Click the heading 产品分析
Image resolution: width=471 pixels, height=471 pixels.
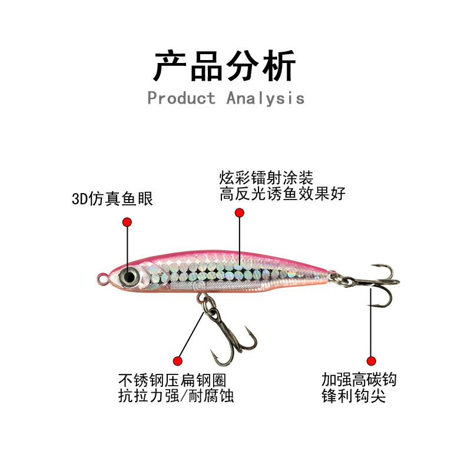(224, 65)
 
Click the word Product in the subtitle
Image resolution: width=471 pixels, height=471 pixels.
(181, 98)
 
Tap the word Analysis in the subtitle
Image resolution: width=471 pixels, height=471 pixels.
(266, 98)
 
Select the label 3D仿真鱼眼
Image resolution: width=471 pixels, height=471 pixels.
(112, 199)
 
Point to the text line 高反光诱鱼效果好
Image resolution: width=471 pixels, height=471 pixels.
(283, 194)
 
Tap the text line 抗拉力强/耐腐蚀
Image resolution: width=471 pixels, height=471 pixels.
(176, 396)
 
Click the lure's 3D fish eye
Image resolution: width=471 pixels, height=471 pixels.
(130, 276)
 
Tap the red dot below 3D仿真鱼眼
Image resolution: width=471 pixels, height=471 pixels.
(127, 222)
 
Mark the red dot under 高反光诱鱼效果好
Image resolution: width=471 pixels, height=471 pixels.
(239, 214)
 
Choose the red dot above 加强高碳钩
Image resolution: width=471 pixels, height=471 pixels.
(371, 360)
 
